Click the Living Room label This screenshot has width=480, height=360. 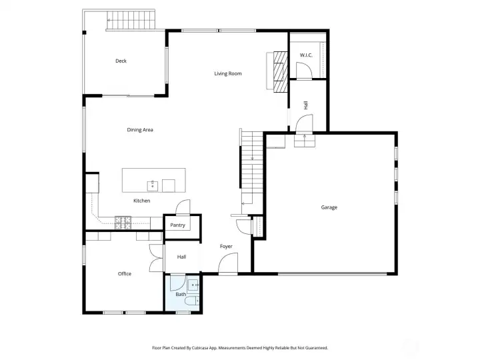(x=227, y=73)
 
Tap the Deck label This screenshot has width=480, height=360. (x=121, y=61)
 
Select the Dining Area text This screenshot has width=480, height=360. (x=140, y=129)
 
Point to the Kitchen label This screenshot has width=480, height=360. (x=141, y=201)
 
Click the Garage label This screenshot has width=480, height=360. (x=329, y=207)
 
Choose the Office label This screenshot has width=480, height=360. (x=125, y=273)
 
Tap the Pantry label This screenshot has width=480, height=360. (x=177, y=225)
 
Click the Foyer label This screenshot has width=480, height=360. (x=227, y=246)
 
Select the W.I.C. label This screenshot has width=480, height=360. (x=306, y=55)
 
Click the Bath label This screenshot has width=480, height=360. (x=181, y=294)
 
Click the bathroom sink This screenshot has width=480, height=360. (x=194, y=285)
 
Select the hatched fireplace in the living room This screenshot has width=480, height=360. (x=281, y=71)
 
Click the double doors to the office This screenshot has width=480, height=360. (x=156, y=257)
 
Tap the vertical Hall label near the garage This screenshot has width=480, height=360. (x=305, y=105)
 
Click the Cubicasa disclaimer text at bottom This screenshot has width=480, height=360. (x=240, y=347)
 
